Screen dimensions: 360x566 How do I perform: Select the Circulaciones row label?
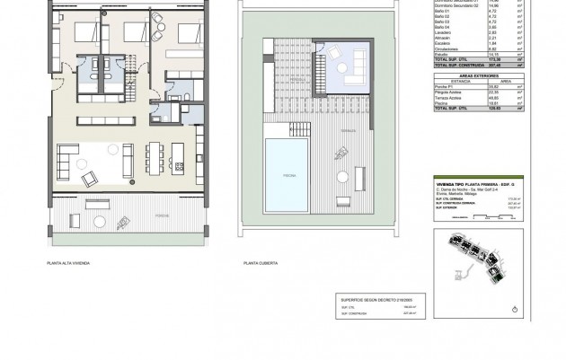click(x=447, y=47)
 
